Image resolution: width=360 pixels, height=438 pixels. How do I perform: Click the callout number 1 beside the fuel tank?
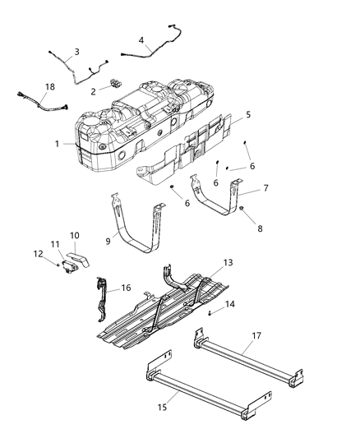pyautogui.click(x=57, y=143)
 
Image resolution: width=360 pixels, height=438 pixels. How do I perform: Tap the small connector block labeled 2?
pyautogui.click(x=116, y=85)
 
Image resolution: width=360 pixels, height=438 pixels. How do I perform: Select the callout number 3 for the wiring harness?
pyautogui.click(x=76, y=51)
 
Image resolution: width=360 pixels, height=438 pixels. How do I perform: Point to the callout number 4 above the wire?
pyautogui.click(x=141, y=39)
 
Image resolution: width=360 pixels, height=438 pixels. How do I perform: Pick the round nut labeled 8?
pyautogui.click(x=243, y=215)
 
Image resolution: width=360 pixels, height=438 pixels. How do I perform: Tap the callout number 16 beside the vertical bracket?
pyautogui.click(x=127, y=288)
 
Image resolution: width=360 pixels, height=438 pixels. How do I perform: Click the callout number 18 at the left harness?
pyautogui.click(x=27, y=86)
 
